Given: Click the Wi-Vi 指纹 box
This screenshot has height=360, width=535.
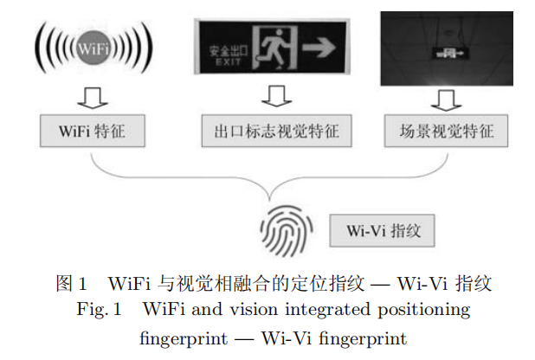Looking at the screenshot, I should pos(382,232).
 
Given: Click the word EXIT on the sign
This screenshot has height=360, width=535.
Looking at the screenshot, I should pos(225,61).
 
